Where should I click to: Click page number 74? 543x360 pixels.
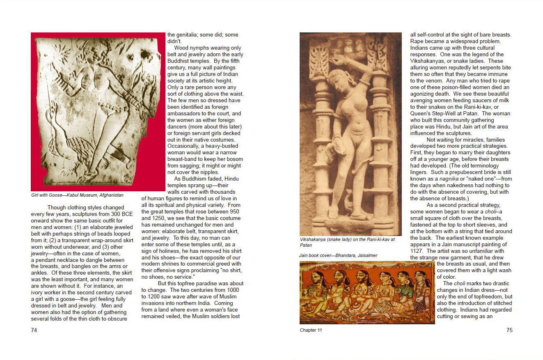34,330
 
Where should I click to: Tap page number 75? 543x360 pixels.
509,330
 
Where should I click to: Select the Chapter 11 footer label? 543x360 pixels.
311,330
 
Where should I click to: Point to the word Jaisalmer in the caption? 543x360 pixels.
366,255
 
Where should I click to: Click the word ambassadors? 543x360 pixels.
186,114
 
